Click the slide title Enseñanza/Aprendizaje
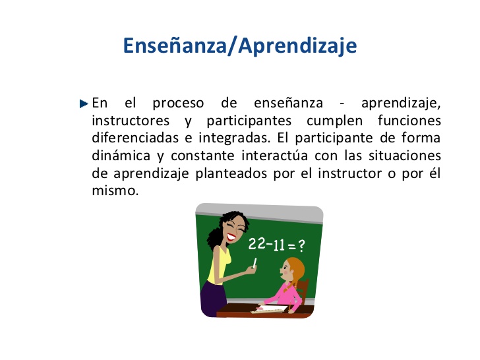240,45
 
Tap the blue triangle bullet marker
83,104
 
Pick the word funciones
409,121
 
